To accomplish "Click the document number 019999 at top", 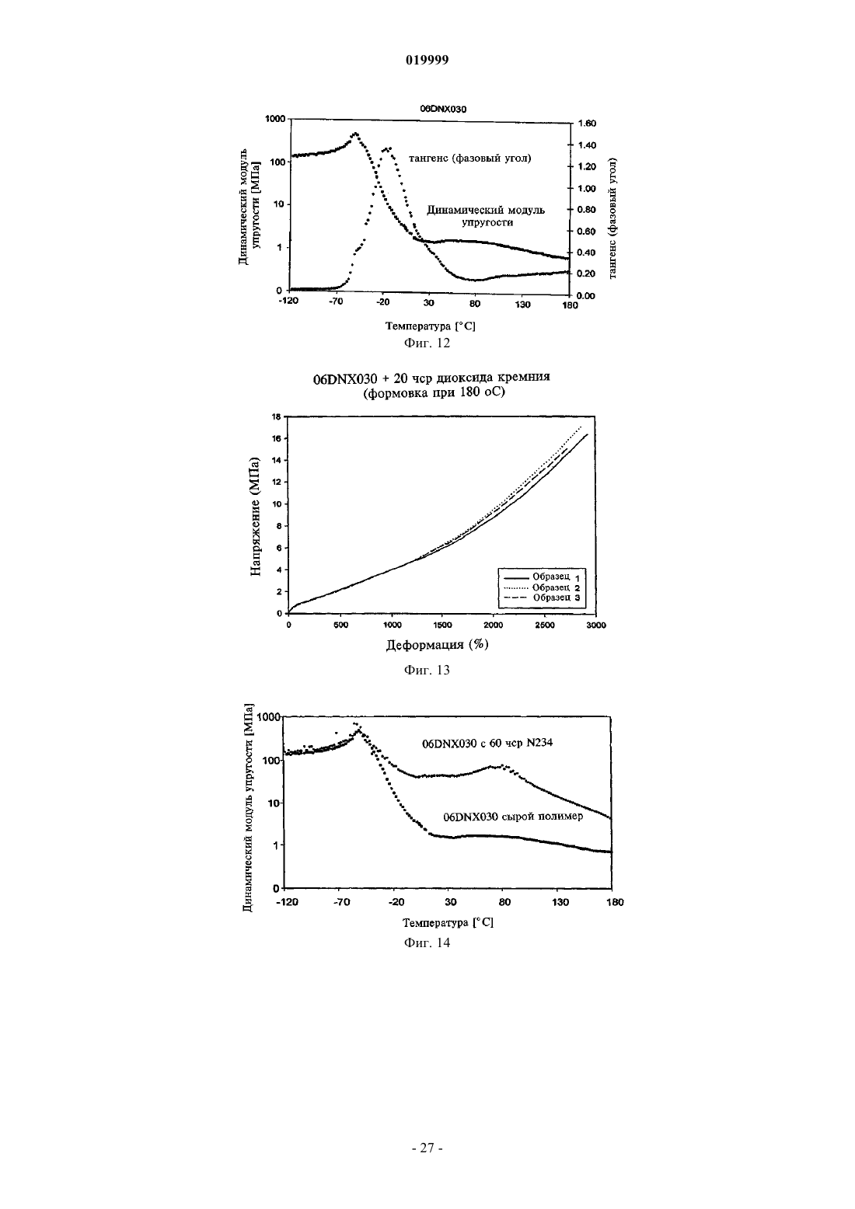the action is [x=427, y=61].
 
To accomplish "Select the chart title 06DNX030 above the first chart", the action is [x=443, y=109].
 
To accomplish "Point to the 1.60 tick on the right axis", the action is [x=587, y=124].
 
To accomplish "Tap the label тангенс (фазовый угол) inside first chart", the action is [x=469, y=159].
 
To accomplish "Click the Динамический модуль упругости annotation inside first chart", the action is [x=486, y=216].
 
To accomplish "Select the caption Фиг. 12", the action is [x=427, y=343].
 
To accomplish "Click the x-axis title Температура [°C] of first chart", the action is [x=430, y=326].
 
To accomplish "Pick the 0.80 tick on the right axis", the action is [x=587, y=210].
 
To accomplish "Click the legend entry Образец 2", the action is [x=556, y=587].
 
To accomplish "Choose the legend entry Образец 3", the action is [x=557, y=598].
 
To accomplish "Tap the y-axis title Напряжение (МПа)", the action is [x=255, y=517].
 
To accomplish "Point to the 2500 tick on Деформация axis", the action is [x=544, y=625].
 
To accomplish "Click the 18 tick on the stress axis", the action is [x=277, y=416].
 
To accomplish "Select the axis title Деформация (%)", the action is [x=437, y=645].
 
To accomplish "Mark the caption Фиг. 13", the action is [x=427, y=671].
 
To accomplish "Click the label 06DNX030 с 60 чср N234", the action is [x=487, y=744].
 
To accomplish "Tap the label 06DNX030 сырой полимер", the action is [x=513, y=817].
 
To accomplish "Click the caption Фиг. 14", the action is [x=427, y=943].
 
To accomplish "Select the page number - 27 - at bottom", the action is [x=427, y=1148].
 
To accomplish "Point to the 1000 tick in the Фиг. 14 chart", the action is [x=269, y=716].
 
